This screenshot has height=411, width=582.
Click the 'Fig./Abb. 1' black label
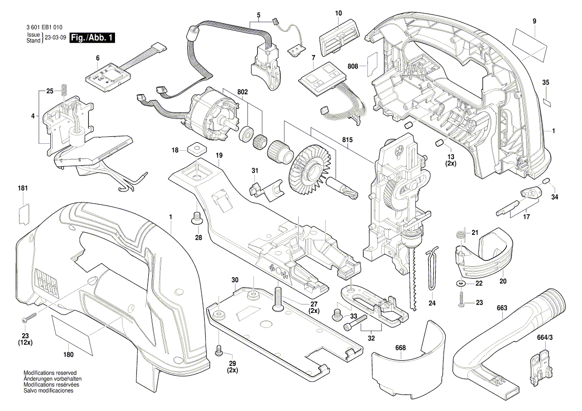pos(93,38)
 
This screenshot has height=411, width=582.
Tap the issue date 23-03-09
pos(55,38)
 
